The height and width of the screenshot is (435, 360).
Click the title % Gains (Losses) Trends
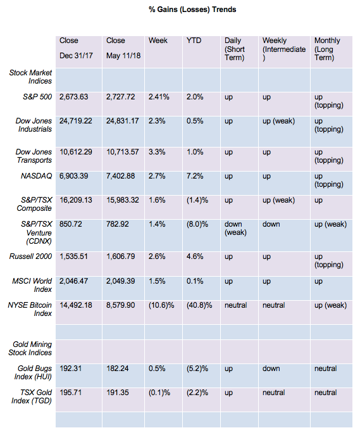click(192, 9)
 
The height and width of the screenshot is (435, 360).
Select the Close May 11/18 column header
click(123, 48)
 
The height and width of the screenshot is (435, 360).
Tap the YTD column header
click(194, 41)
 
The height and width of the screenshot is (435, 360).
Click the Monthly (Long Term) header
click(327, 49)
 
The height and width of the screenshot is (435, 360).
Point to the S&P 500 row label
click(37, 96)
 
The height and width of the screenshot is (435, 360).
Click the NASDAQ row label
click(36, 176)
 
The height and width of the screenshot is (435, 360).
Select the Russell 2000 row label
click(30, 256)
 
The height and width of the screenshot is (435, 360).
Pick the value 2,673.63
click(74, 96)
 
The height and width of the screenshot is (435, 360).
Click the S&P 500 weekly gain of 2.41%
click(159, 96)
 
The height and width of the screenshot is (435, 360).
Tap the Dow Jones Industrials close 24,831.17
click(123, 121)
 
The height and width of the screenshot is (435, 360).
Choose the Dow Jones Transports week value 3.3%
click(157, 152)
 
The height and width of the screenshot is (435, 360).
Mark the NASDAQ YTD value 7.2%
click(195, 176)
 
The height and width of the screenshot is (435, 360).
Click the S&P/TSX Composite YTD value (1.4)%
click(197, 200)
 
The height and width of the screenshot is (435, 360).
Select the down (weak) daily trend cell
click(235, 228)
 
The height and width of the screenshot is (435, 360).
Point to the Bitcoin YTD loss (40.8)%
click(199, 305)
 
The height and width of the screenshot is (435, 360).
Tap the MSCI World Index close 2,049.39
click(121, 281)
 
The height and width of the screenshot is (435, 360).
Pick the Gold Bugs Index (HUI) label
click(33, 372)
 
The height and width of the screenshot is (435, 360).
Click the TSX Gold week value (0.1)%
click(159, 393)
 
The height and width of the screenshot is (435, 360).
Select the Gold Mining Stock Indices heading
click(30, 348)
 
